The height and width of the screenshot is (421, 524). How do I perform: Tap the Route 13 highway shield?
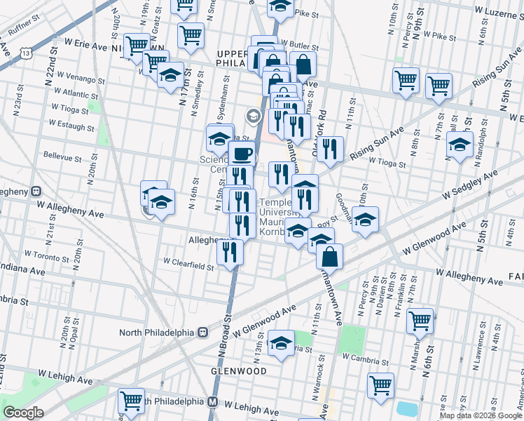click(x=26, y=53)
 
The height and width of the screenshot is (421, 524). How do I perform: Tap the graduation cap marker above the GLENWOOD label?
click(x=281, y=343)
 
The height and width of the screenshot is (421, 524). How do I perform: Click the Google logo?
click(x=23, y=413)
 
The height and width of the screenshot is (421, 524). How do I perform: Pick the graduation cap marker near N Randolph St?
click(x=460, y=146)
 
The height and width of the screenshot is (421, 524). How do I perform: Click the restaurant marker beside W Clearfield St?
click(x=230, y=253)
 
